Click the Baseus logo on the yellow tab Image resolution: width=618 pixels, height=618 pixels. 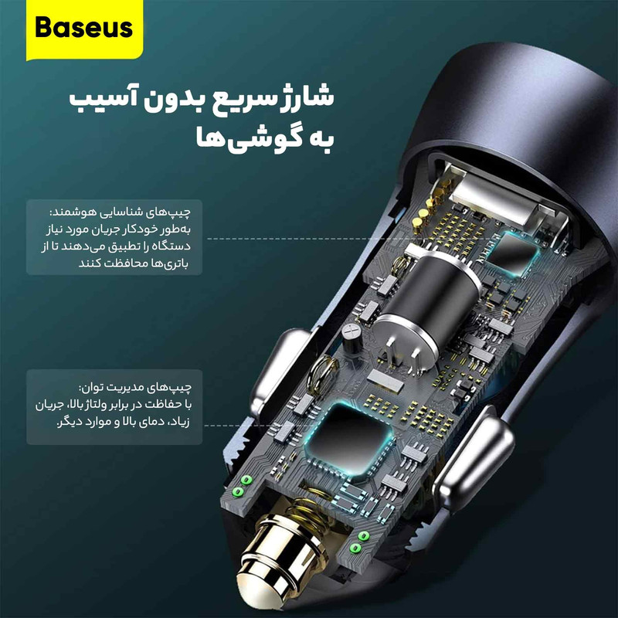pyautogui.click(x=84, y=28)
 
